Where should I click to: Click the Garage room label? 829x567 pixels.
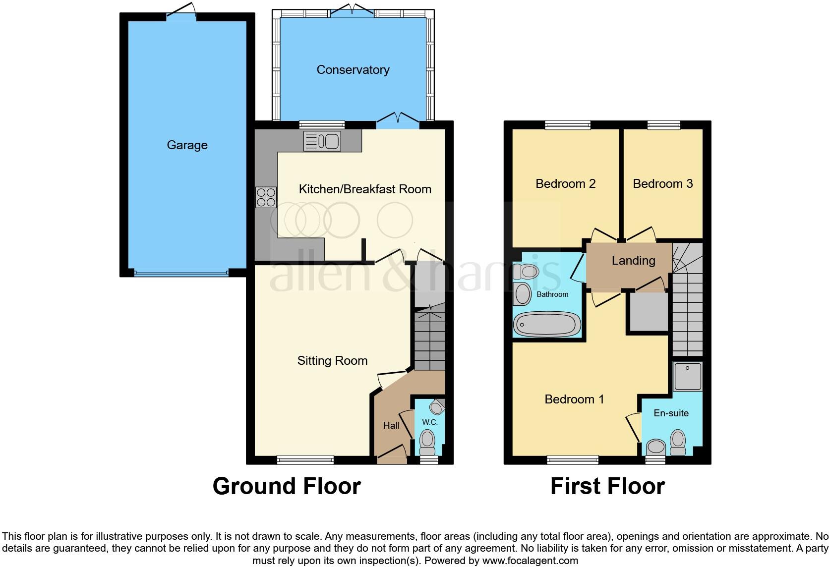pos(187,145)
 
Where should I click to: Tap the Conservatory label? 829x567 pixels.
pos(353,70)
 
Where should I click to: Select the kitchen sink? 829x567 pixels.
pos(322,141)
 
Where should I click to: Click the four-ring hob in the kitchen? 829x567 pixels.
pos(266,197)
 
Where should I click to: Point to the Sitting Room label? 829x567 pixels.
pos(332,361)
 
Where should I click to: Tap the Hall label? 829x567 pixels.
pos(391,425)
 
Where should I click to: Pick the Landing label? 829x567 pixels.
pos(633,261)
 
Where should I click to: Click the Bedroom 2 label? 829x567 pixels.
pos(565,184)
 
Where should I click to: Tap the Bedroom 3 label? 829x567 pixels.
pos(662,184)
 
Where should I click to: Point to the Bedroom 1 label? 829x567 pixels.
pos(574,399)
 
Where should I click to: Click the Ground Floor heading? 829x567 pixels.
pos(287,486)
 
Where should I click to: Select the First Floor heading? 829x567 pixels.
pos(607,486)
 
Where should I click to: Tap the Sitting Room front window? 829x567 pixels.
pos(305,460)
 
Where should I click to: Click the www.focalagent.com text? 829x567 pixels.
pos(530,561)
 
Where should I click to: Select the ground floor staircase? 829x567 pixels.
pos(429,340)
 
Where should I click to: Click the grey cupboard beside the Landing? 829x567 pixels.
pos(649,312)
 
